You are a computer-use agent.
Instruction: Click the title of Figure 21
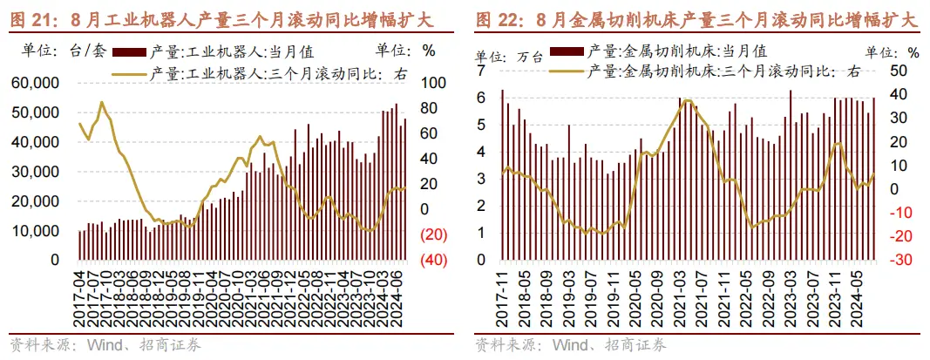[x=222, y=18]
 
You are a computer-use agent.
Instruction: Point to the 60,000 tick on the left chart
[x=34, y=84]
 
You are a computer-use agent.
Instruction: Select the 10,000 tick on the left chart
[x=34, y=231]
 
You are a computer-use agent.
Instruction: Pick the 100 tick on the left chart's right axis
[x=432, y=84]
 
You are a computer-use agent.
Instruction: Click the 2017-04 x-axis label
[x=80, y=297]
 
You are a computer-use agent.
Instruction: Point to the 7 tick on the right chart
[x=480, y=70]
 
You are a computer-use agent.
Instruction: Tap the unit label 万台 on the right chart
[x=530, y=58]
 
